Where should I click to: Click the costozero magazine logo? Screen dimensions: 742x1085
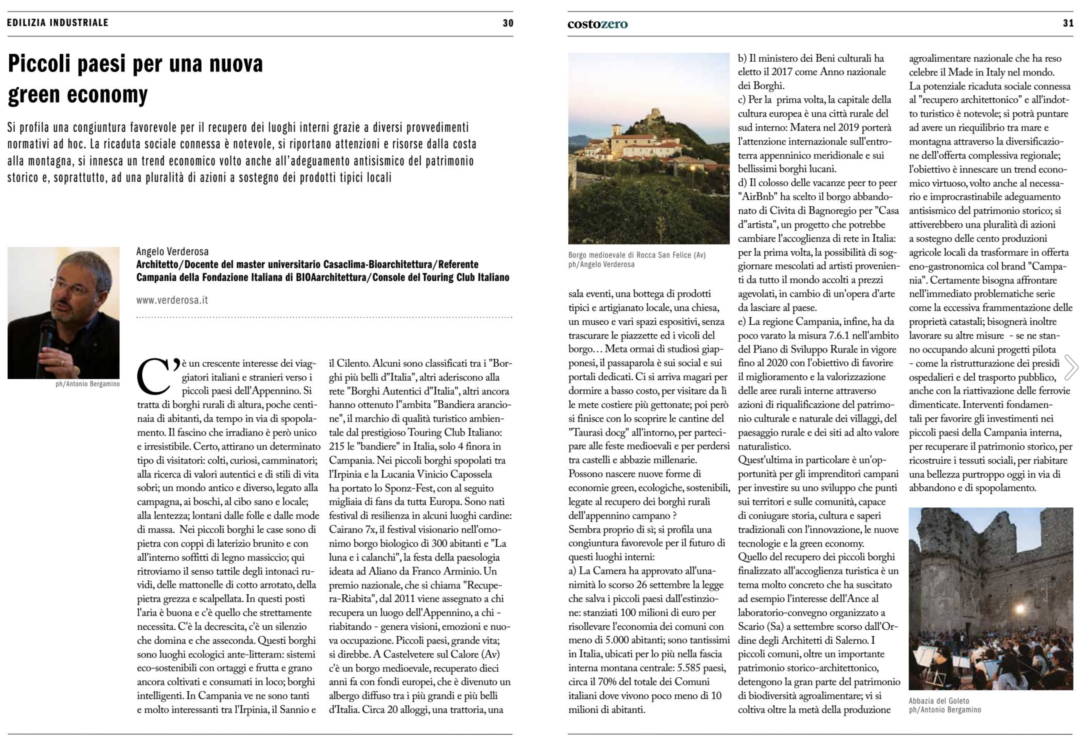tap(597, 24)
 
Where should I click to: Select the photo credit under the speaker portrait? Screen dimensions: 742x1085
tap(87, 384)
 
